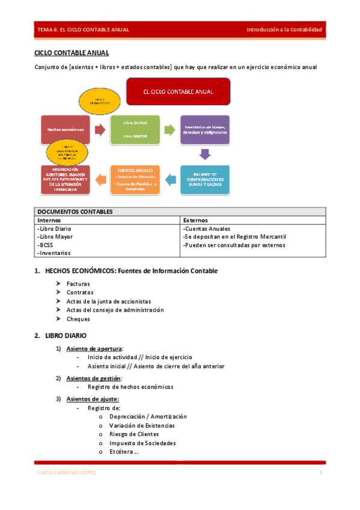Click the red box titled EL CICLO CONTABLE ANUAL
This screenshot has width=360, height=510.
pyautogui.click(x=178, y=92)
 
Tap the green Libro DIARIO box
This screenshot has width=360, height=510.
pyautogui.click(x=135, y=129)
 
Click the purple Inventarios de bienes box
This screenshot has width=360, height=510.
pyautogui.click(x=205, y=129)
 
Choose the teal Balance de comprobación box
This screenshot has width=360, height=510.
pyautogui.click(x=205, y=179)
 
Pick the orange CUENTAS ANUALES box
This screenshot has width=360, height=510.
pyautogui.click(x=135, y=179)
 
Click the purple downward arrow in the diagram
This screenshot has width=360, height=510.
pyautogui.click(x=205, y=155)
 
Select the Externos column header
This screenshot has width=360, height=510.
pyautogui.click(x=196, y=221)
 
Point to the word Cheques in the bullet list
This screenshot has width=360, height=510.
pyautogui.click(x=78, y=319)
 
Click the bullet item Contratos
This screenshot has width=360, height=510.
pyautogui.click(x=80, y=292)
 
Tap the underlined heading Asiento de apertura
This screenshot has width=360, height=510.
pyautogui.click(x=99, y=349)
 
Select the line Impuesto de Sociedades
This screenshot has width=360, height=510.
pyautogui.click(x=142, y=443)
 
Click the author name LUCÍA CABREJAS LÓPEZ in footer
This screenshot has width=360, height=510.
pyautogui.click(x=63, y=473)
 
